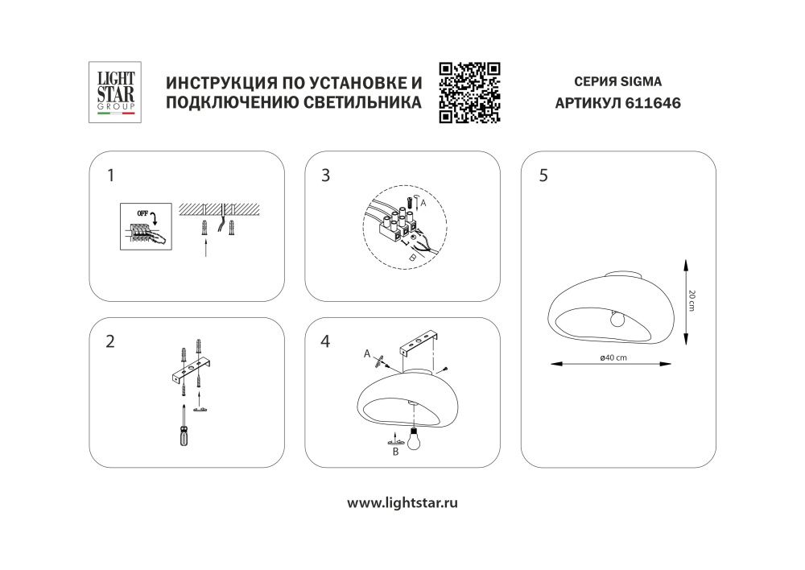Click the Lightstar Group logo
(114, 93)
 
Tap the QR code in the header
(470, 93)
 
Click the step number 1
(112, 175)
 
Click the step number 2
(110, 341)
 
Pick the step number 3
(325, 175)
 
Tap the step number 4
(325, 341)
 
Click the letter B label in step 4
(394, 453)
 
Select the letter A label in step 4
(366, 353)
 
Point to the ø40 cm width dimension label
(613, 358)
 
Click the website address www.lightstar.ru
(402, 503)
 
